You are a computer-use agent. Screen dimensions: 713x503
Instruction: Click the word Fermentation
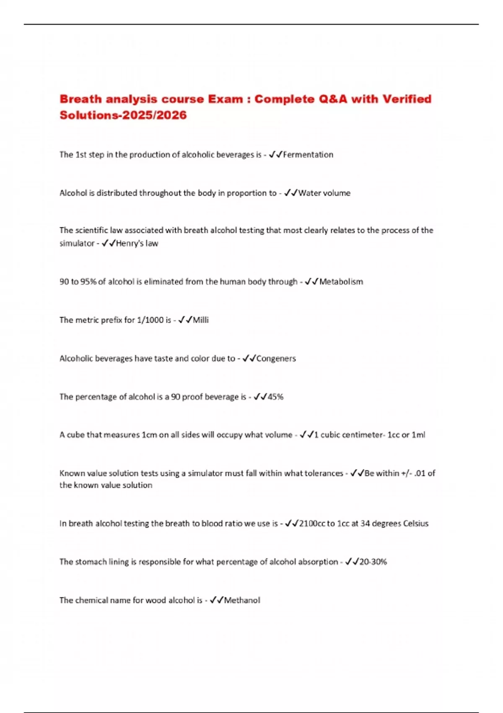[308, 155]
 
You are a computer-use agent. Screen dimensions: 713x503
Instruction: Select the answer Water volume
[324, 193]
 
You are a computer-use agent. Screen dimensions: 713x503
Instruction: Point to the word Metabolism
[341, 282]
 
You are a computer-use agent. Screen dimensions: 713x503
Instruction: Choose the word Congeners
[276, 359]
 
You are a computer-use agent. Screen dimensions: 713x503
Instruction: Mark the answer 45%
[275, 397]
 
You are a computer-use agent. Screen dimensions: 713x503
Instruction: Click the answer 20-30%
[373, 562]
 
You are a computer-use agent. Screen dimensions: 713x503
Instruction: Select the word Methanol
[242, 600]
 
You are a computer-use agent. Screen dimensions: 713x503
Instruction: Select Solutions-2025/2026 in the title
[123, 115]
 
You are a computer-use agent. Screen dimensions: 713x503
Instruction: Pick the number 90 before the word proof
[176, 397]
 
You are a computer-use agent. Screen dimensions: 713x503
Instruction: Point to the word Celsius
[415, 523]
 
